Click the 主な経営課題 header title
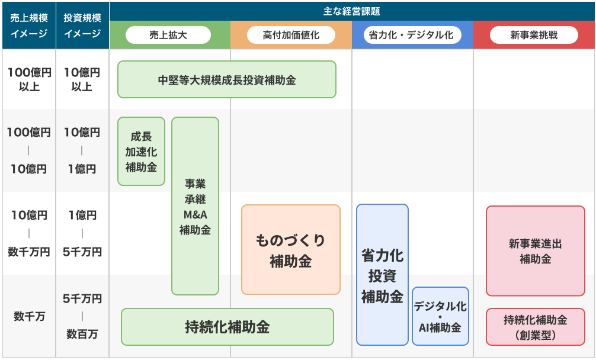352,11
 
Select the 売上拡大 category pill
168,35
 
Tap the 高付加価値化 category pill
291,35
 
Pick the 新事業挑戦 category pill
534,35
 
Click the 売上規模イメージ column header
28,25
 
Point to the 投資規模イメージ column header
82,25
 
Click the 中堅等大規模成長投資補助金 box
226,79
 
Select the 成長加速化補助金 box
141,152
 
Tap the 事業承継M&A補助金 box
195,206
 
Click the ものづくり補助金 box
290,250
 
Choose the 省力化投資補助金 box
382,275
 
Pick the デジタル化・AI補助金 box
440,316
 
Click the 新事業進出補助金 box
535,251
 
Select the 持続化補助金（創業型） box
535,327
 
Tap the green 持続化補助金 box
227,327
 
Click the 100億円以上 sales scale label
28,79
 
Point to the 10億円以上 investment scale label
82,79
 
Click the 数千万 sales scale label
28,316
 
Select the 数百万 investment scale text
82,334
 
